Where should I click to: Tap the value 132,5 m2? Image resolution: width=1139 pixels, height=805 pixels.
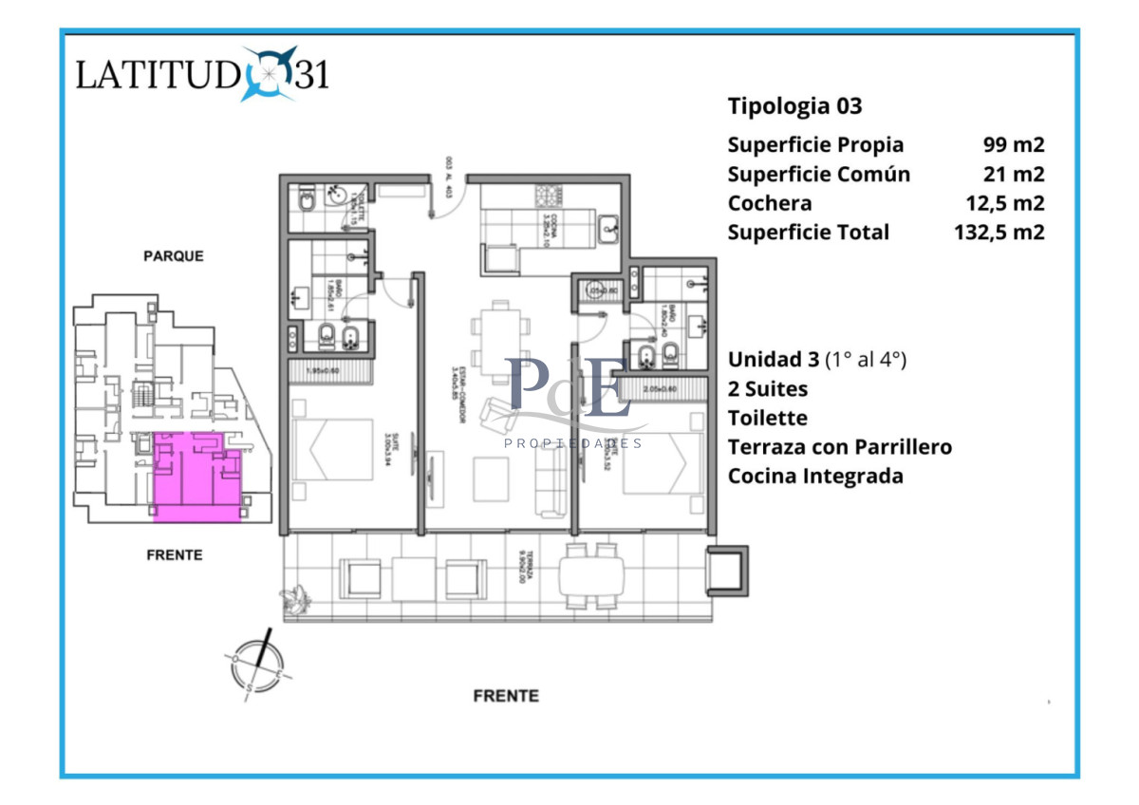(999, 233)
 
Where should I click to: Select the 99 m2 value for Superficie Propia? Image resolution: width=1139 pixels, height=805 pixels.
(1013, 145)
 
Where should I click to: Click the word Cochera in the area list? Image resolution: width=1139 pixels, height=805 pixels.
(770, 203)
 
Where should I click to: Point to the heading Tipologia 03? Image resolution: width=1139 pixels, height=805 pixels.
(794, 106)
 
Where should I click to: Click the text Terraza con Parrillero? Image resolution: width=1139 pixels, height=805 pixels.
(839, 446)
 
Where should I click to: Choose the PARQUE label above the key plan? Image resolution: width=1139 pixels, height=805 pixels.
(173, 256)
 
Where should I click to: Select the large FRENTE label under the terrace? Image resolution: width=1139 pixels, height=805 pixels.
(506, 696)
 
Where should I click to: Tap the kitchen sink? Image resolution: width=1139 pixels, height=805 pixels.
(607, 226)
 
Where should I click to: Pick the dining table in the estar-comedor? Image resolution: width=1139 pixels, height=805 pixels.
(500, 338)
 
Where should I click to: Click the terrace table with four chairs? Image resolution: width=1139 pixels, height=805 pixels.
(590, 575)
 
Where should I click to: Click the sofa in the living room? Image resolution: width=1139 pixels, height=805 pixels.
(550, 480)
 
